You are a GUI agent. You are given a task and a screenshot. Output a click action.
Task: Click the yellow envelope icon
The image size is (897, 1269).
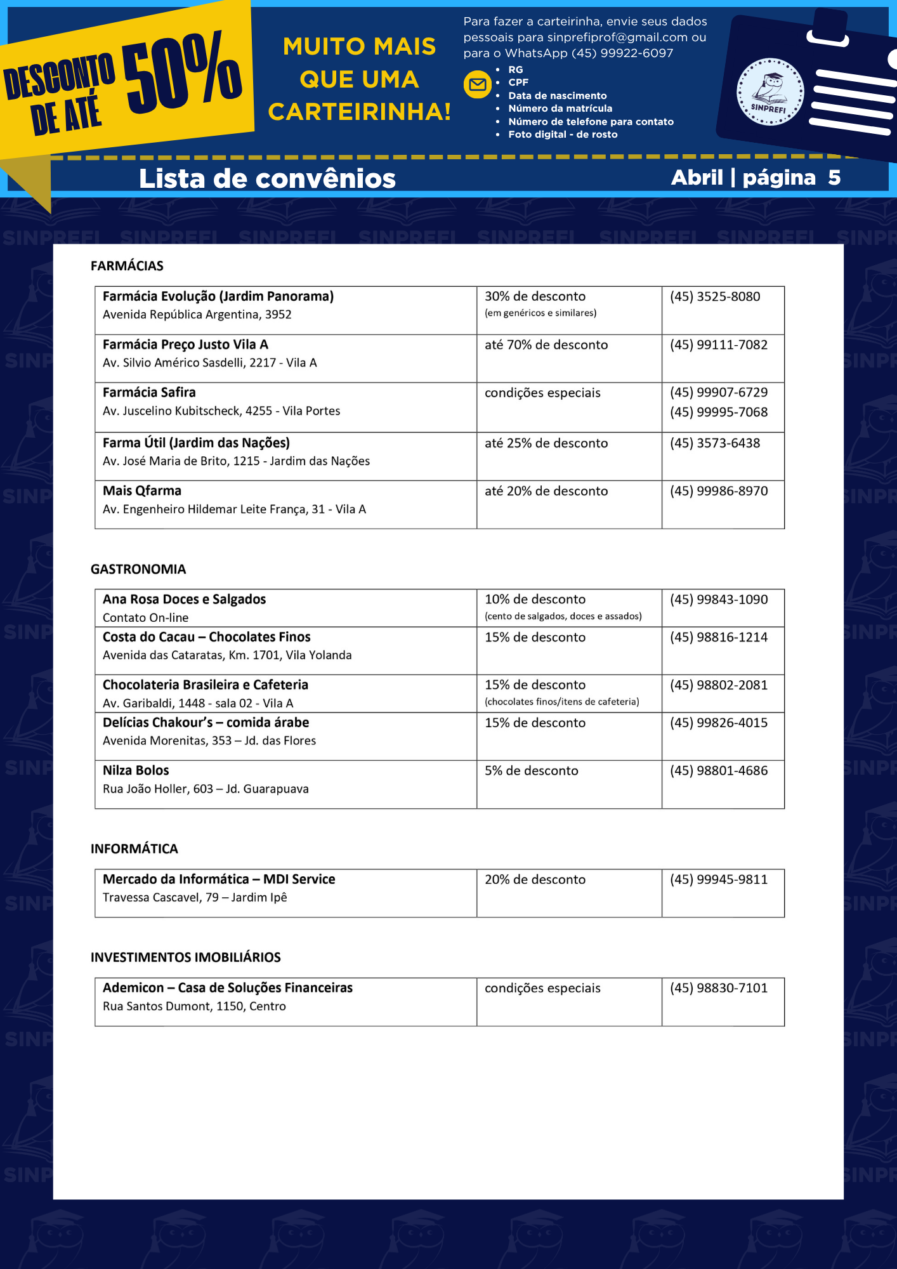pyautogui.click(x=477, y=85)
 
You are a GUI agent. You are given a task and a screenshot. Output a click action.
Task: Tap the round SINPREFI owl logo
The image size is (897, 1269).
pyautogui.click(x=769, y=92)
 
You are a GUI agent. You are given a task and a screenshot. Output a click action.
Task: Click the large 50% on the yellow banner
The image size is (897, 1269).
pyautogui.click(x=182, y=72)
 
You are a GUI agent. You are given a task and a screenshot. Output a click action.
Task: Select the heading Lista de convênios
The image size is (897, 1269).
pyautogui.click(x=267, y=178)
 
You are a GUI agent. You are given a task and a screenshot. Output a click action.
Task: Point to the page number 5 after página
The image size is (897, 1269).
pyautogui.click(x=834, y=178)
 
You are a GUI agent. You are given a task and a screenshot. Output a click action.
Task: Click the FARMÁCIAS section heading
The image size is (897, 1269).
pyautogui.click(x=127, y=266)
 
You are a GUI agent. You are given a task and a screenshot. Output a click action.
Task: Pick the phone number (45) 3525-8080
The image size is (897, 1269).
pyautogui.click(x=714, y=296)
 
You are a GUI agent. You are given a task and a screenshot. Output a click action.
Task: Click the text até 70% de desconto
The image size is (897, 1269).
pyautogui.click(x=546, y=345)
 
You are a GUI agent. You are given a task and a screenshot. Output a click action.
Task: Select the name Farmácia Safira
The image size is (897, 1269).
pyautogui.click(x=149, y=392)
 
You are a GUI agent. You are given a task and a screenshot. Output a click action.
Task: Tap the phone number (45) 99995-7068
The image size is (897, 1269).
pyautogui.click(x=718, y=412)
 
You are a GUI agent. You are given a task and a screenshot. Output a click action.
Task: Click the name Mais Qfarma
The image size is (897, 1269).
pyautogui.click(x=142, y=490)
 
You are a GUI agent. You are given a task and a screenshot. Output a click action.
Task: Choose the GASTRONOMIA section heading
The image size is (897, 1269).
pyautogui.click(x=138, y=569)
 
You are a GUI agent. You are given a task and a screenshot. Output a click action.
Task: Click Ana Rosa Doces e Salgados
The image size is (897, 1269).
pyautogui.click(x=184, y=599)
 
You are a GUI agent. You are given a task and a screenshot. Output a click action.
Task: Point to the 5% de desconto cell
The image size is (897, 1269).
pyautogui.click(x=531, y=770)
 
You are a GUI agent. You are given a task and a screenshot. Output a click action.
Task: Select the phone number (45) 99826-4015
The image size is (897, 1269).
pyautogui.click(x=718, y=723)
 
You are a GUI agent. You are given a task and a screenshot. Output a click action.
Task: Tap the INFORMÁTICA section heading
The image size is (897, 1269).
pyautogui.click(x=134, y=849)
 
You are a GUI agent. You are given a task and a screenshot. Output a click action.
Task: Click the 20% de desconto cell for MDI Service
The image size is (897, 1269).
pyautogui.click(x=535, y=879)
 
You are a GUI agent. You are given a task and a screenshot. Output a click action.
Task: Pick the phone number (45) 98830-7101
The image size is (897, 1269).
pyautogui.click(x=718, y=988)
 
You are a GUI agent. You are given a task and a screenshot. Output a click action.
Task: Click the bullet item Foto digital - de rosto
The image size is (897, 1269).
pyautogui.click(x=562, y=135)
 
